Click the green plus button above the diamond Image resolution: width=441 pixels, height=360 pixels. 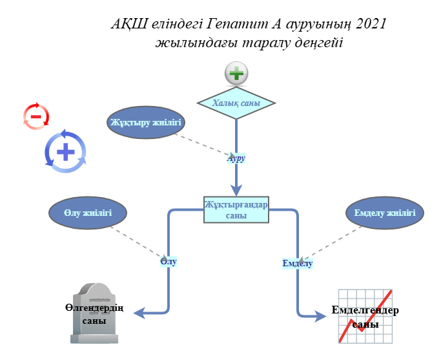(x=237, y=74)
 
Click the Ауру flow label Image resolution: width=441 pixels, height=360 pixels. (x=236, y=158)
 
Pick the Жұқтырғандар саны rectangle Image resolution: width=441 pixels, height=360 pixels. (x=236, y=209)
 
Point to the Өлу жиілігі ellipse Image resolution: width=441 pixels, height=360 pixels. (x=88, y=213)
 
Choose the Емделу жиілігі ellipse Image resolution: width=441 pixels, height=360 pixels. (x=385, y=213)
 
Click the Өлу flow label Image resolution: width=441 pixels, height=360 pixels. (x=169, y=262)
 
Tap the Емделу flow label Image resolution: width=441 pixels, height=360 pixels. (x=298, y=263)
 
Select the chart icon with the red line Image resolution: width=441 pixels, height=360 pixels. (x=365, y=316)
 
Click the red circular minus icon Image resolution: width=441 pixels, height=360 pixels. (x=36, y=116)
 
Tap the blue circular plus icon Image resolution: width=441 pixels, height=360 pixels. (x=65, y=153)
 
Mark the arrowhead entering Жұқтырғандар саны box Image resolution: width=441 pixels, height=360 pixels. (x=236, y=191)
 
